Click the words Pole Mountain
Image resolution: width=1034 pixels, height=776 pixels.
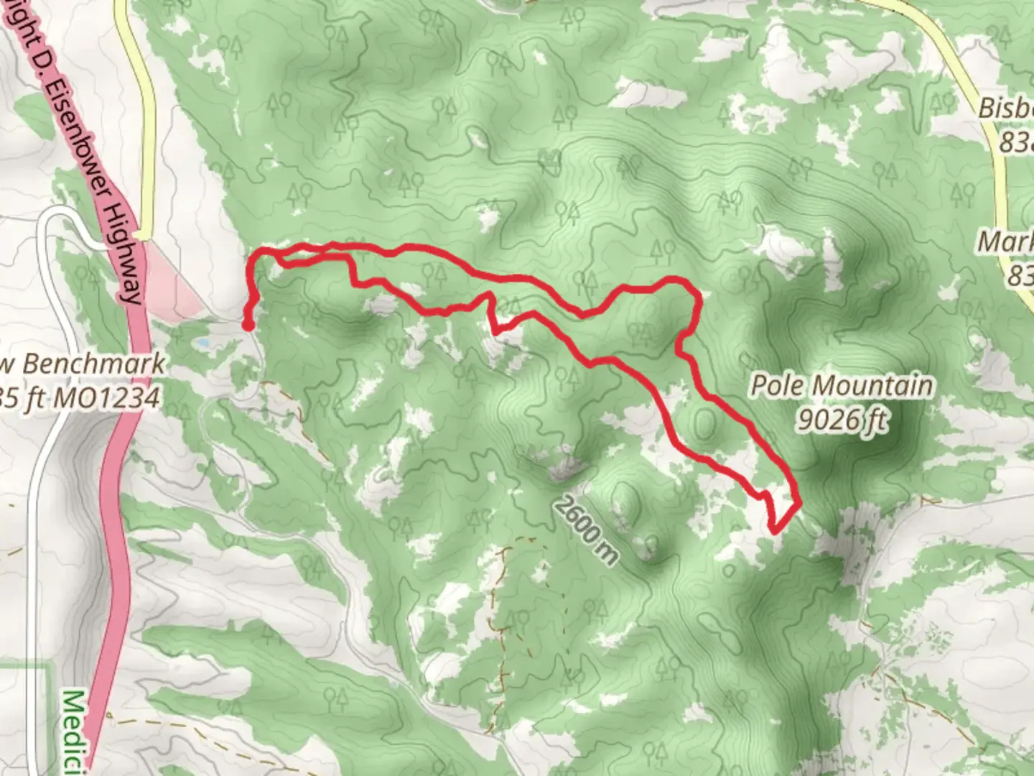[x=842, y=386]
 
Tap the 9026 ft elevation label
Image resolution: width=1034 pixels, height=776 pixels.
[x=841, y=420]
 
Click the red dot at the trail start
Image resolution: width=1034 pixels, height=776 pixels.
[x=247, y=325]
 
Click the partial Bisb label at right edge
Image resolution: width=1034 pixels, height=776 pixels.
[x=1006, y=109]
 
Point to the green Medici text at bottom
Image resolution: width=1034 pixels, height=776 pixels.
[x=78, y=733]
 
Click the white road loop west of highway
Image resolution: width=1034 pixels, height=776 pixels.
[x=54, y=237]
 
